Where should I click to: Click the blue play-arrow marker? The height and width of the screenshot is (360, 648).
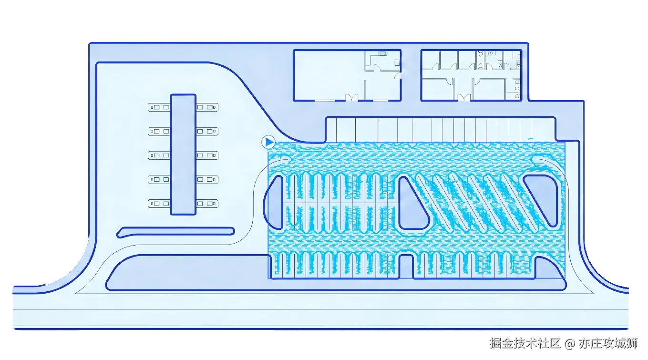pyautogui.click(x=268, y=142)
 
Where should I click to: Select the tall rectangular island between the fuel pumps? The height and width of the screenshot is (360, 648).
pyautogui.click(x=183, y=154)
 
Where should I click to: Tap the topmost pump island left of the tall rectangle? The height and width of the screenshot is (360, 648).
pyautogui.click(x=159, y=107)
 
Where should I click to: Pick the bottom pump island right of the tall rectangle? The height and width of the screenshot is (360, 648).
pyautogui.click(x=207, y=204)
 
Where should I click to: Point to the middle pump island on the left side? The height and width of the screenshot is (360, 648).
pyautogui.click(x=159, y=155)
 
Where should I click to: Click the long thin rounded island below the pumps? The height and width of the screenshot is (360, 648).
pyautogui.click(x=175, y=232)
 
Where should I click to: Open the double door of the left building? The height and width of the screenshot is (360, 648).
pyautogui.click(x=352, y=98)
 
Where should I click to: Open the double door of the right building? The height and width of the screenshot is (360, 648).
pyautogui.click(x=464, y=98)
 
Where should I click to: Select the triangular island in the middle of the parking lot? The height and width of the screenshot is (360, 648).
pyautogui.click(x=413, y=203)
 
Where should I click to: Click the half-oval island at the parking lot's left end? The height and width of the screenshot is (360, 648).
pyautogui.click(x=273, y=202)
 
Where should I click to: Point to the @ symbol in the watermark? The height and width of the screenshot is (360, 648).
pyautogui.click(x=570, y=343)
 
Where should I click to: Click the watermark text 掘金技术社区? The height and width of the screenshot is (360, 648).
pyautogui.click(x=525, y=343)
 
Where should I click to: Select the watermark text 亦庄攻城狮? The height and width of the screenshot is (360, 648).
pyautogui.click(x=608, y=343)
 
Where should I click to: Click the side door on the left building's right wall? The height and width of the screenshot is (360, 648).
pyautogui.click(x=398, y=75)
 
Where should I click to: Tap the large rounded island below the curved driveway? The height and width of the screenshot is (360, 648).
pyautogui.click(x=336, y=273)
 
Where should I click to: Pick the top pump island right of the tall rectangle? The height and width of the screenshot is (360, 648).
pyautogui.click(x=207, y=107)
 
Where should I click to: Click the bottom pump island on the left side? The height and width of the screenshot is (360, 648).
pyautogui.click(x=159, y=204)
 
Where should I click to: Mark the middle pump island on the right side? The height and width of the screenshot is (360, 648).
pyautogui.click(x=207, y=155)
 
